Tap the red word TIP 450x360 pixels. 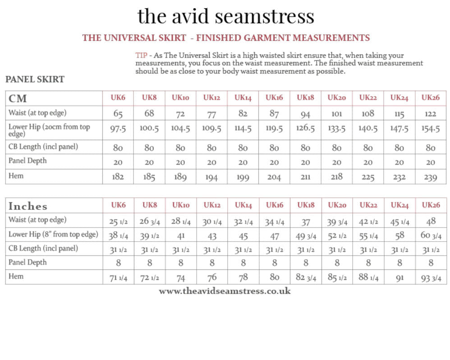[141, 55]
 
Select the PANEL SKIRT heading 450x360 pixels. [35, 80]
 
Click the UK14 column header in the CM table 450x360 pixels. [243, 97]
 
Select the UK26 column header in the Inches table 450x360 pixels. [431, 205]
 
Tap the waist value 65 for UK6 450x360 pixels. [118, 114]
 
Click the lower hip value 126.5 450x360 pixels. [305, 128]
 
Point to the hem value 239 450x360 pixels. [431, 177]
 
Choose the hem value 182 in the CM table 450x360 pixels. [118, 177]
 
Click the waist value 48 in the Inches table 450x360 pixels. [431, 221]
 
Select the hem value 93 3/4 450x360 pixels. [431, 278]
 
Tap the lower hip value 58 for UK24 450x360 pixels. [399, 235]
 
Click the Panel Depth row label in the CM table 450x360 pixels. [28, 161]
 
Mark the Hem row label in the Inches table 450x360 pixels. [16, 276]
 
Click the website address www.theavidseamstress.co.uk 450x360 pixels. [225, 291]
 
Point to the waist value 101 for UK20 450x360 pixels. [336, 114]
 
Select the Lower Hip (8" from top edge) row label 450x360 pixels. [53, 234]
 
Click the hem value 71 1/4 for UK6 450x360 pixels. [118, 278]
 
